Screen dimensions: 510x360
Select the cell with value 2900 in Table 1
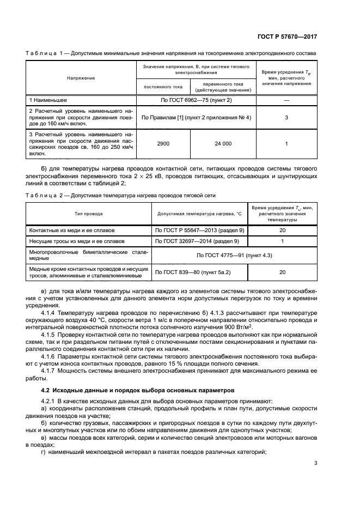click(162, 143)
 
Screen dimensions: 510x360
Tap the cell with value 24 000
click(222, 143)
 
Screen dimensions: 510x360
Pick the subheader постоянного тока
click(162, 86)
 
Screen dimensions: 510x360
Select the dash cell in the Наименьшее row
click(286, 101)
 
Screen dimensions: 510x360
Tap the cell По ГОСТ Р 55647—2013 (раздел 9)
click(200, 230)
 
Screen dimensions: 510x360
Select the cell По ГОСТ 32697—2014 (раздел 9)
click(200, 240)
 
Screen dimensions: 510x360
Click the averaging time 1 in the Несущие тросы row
click(282, 240)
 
